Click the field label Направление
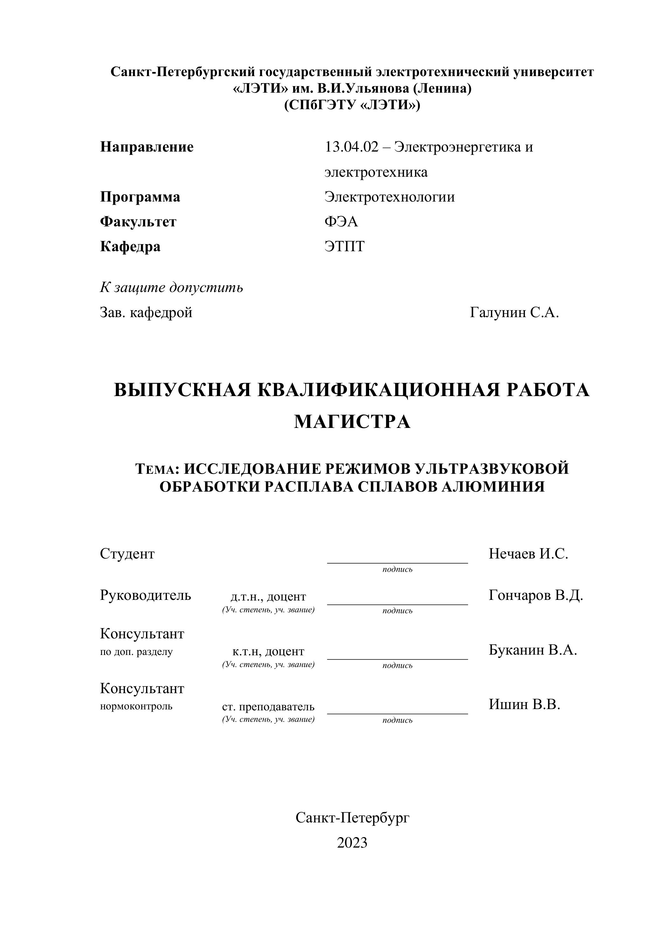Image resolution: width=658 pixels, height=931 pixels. (147, 147)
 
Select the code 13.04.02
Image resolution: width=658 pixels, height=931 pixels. (351, 147)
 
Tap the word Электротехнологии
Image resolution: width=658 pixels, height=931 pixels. (389, 197)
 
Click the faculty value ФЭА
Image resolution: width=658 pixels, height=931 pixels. (341, 222)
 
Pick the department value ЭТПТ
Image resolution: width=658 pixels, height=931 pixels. (344, 246)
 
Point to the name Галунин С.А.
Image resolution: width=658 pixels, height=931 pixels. (514, 313)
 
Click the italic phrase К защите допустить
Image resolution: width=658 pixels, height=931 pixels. (171, 288)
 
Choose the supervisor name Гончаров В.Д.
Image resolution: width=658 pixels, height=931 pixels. (535, 596)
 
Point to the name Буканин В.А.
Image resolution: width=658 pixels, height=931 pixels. (532, 650)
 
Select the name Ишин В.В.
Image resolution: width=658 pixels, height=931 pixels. (524, 704)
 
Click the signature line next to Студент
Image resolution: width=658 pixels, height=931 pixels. (397, 562)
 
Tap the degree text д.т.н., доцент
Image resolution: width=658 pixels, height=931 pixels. (268, 597)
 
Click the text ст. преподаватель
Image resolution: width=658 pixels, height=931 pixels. (268, 707)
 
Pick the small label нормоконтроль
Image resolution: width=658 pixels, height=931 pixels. (136, 706)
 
